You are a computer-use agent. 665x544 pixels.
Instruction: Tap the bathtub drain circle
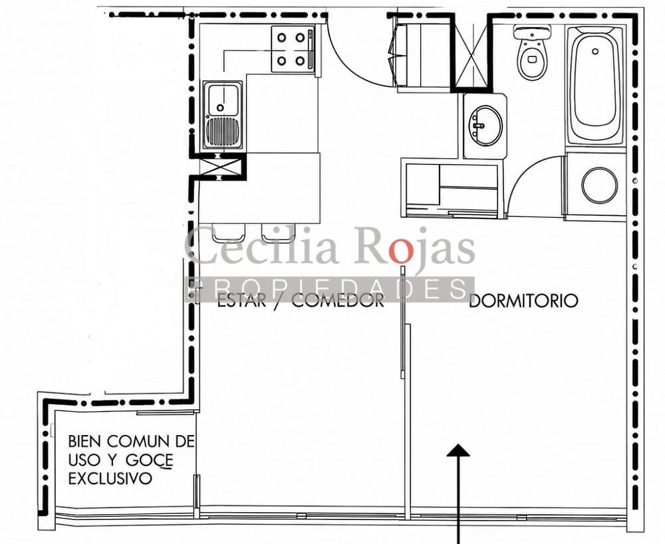595,52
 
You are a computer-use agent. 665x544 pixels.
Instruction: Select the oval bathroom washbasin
485,126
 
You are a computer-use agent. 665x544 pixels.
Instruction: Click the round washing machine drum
599,185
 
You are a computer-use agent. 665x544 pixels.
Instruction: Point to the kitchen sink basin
221,100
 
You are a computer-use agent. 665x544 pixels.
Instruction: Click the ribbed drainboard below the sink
222,132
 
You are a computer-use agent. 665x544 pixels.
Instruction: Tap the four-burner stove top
292,49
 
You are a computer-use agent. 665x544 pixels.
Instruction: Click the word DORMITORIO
523,300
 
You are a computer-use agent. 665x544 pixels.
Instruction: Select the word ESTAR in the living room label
241,300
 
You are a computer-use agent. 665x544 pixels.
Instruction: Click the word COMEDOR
338,300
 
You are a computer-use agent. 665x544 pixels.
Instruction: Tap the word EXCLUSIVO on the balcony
110,478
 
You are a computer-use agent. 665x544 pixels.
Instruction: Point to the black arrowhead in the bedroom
458,450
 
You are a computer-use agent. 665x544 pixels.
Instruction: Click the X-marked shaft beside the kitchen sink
218,167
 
